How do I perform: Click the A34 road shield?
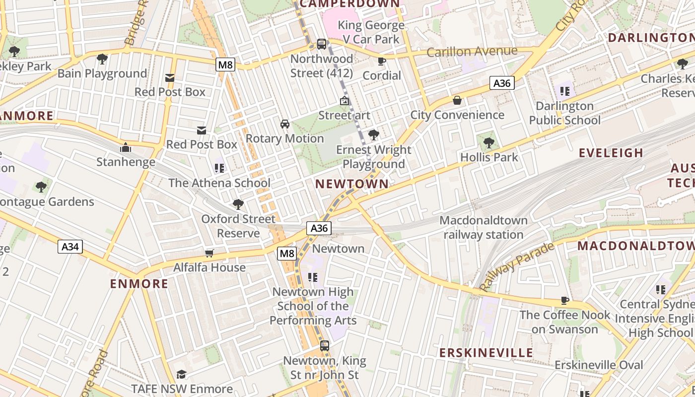70,247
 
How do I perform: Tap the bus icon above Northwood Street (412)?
322,44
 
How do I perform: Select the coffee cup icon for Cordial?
381,61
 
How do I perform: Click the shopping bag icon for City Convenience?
457,101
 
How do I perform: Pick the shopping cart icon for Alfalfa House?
209,253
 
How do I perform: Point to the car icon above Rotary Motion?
285,124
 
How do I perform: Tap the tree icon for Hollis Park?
489,143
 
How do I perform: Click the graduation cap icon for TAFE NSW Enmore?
182,374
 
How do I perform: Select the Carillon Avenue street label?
472,51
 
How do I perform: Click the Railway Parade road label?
516,266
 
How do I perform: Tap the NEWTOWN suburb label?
352,184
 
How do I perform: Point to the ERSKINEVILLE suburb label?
486,353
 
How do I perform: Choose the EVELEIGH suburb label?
611,153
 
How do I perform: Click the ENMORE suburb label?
139,284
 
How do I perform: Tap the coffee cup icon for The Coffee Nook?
565,300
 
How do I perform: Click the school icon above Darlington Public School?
564,91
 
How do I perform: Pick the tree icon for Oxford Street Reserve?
238,204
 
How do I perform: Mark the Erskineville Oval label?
599,365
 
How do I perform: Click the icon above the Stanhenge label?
126,147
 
